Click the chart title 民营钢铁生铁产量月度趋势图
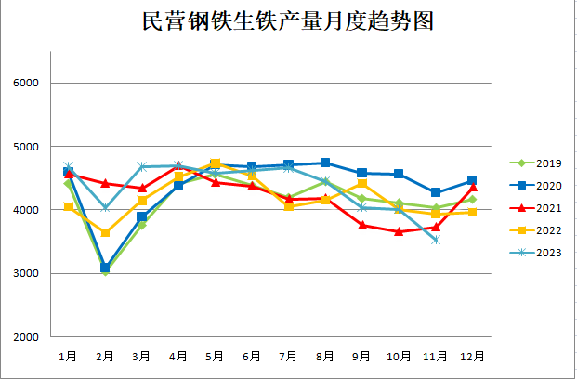pos(288,20)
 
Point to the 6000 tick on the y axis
pos(26,83)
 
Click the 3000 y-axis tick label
pos(26,273)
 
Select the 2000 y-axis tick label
pos(26,336)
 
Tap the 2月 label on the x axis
pos(105,356)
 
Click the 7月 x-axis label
pos(289,356)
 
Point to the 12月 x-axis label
pos(472,356)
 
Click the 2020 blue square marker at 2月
pos(105,268)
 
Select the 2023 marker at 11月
pos(435,240)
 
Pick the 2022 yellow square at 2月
pos(105,232)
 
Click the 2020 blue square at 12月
pos(472,180)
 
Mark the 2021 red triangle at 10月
pos(399,231)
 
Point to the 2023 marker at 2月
pos(105,208)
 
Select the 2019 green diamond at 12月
pos(472,199)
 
